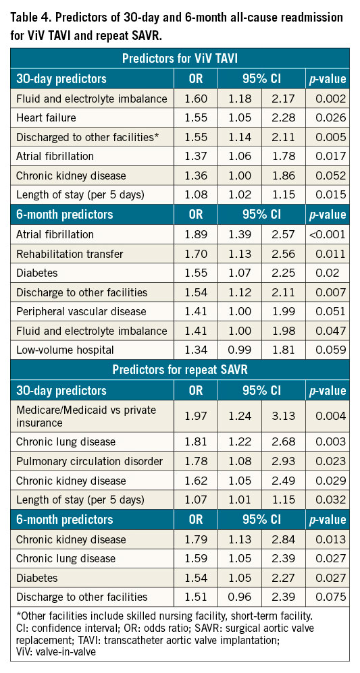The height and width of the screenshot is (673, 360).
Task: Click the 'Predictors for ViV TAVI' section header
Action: [180, 59]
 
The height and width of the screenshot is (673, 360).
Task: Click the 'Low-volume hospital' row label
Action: [65, 350]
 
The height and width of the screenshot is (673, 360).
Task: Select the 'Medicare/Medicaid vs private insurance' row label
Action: [86, 416]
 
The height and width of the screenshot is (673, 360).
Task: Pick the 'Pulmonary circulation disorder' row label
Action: [90, 462]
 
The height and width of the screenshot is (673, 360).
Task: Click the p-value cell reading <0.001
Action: [327, 234]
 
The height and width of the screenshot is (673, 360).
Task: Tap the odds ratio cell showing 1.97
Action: [195, 416]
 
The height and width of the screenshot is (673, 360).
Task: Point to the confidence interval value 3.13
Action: [283, 416]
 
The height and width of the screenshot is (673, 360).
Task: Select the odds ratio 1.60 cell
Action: [195, 99]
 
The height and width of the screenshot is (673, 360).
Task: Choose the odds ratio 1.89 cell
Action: [195, 234]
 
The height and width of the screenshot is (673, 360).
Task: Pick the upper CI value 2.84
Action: [283, 539]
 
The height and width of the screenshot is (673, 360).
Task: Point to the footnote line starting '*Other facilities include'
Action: [161, 617]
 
